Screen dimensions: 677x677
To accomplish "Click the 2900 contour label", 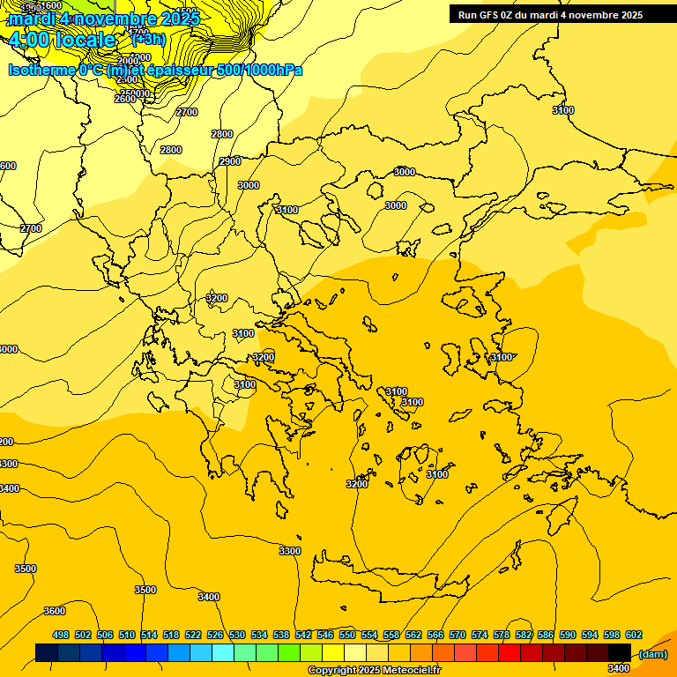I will click(x=230, y=161).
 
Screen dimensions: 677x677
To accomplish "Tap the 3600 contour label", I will click(x=55, y=611).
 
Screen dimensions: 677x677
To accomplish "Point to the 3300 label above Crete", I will click(x=289, y=551).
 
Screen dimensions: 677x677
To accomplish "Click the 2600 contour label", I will click(x=125, y=99).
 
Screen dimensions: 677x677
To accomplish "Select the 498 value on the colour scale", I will click(x=61, y=635).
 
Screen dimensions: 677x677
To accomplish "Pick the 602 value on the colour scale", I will click(x=633, y=635).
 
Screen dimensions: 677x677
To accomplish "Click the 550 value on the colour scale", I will click(x=347, y=635).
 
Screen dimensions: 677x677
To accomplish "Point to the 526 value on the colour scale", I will click(x=215, y=635).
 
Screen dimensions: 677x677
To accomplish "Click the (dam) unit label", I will click(x=652, y=654).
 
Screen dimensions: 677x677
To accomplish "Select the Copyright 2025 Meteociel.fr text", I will click(x=374, y=671).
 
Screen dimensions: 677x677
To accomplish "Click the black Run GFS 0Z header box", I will click(x=562, y=14).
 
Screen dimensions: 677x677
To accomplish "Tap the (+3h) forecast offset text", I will click(x=147, y=39).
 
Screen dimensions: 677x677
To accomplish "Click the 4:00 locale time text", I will click(x=62, y=40).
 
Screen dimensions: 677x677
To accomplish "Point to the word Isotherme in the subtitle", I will click(x=41, y=70).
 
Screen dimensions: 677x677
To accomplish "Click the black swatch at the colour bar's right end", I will click(x=620, y=652).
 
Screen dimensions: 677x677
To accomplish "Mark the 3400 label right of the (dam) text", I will click(x=618, y=668).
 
